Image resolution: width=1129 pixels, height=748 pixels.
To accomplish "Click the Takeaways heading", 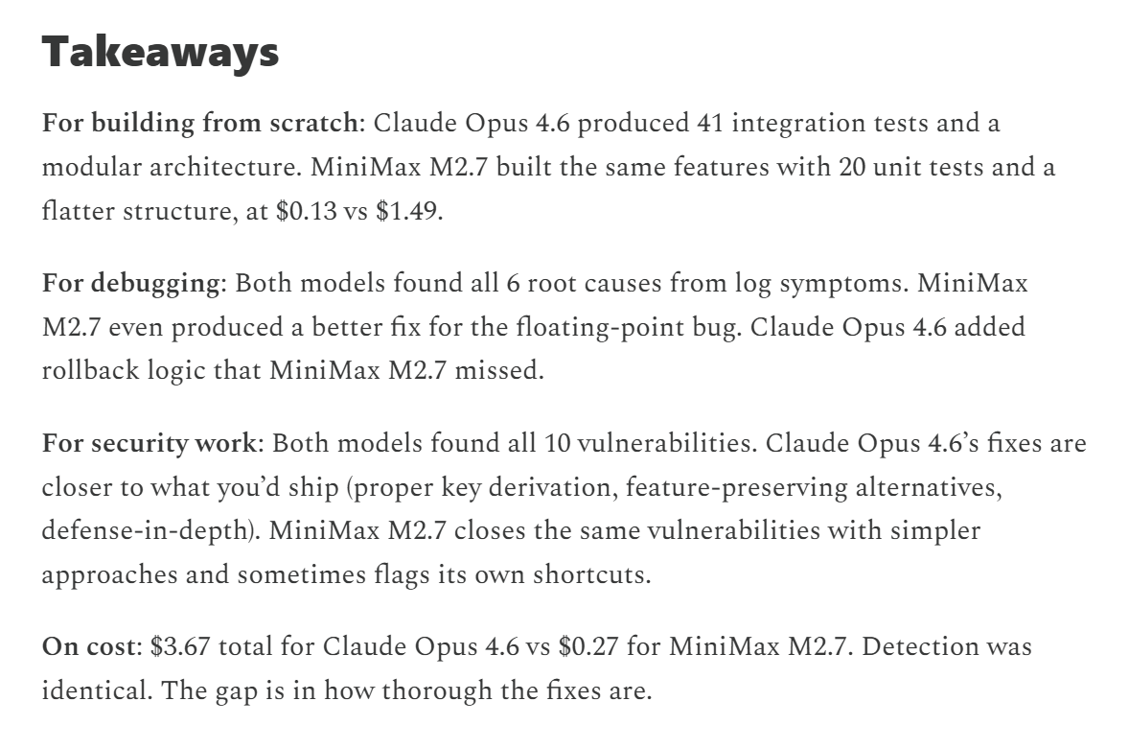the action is [x=160, y=51].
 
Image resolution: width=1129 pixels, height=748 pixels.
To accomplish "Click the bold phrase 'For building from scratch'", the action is [x=198, y=124].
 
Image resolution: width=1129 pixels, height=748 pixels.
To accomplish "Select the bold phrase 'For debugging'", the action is [x=130, y=284].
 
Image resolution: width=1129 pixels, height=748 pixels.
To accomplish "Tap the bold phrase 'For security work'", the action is [x=149, y=445].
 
